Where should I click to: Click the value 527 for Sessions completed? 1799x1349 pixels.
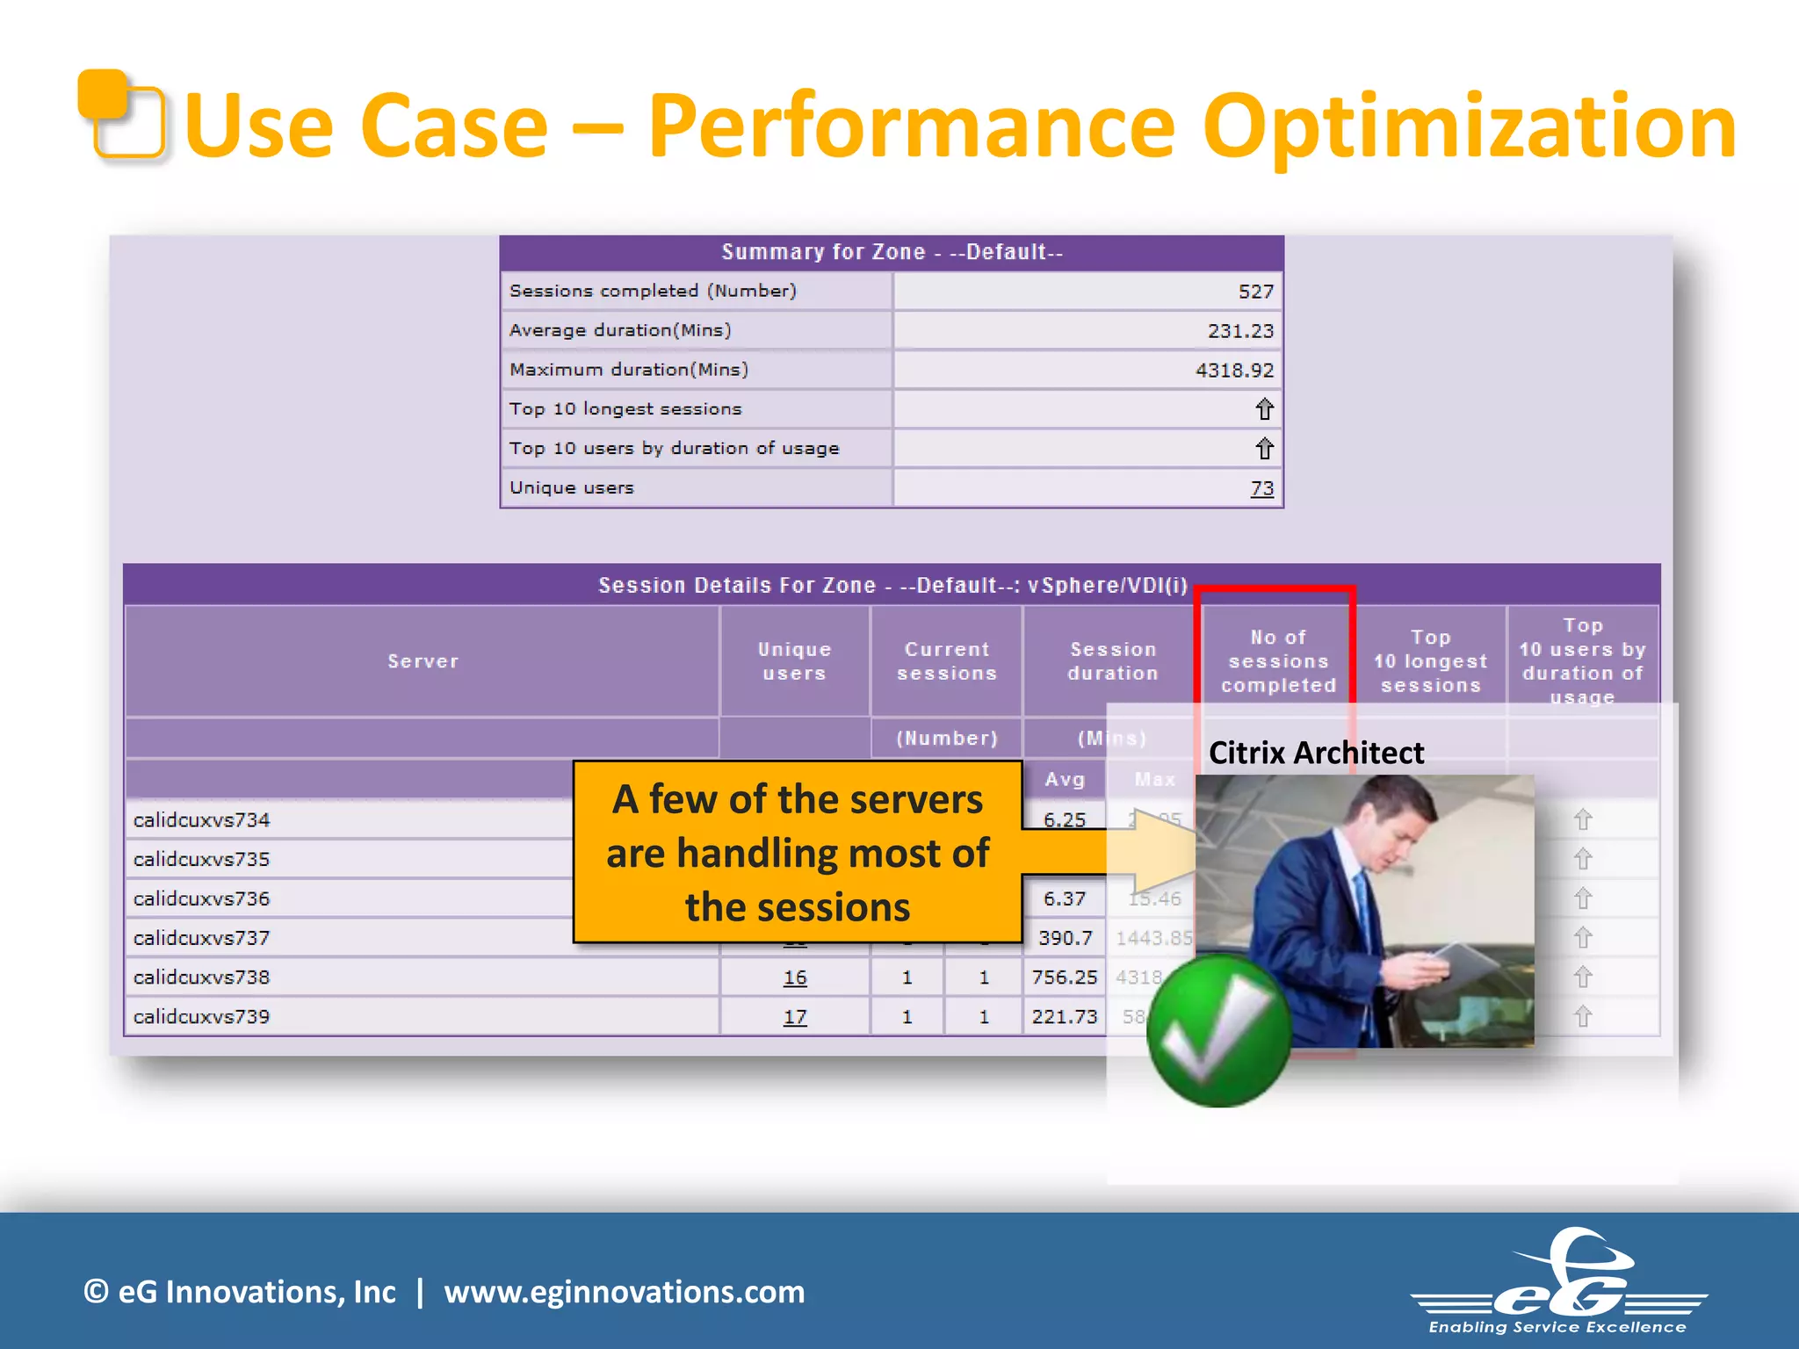(x=1255, y=292)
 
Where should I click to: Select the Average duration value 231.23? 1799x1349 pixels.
(x=1239, y=331)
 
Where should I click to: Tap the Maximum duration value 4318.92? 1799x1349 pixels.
(x=1233, y=371)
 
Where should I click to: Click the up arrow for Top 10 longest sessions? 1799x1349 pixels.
(x=1263, y=409)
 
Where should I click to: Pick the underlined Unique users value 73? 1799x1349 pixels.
(x=1261, y=488)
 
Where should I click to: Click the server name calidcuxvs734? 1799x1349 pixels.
(x=201, y=820)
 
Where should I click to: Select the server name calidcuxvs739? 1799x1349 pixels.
(x=201, y=1017)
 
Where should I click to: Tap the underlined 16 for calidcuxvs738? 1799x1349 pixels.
(x=794, y=977)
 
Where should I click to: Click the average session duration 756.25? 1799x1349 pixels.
(x=1064, y=977)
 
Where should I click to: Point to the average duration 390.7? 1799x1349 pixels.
(x=1065, y=938)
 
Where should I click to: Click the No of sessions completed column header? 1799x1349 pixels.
(x=1278, y=661)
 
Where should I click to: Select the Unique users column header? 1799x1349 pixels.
(x=794, y=661)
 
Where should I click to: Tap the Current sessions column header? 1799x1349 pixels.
(x=946, y=661)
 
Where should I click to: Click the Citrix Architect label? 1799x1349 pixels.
(x=1316, y=754)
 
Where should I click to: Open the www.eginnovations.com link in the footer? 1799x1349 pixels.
(x=624, y=1292)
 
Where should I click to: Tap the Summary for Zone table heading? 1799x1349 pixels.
(x=892, y=253)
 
